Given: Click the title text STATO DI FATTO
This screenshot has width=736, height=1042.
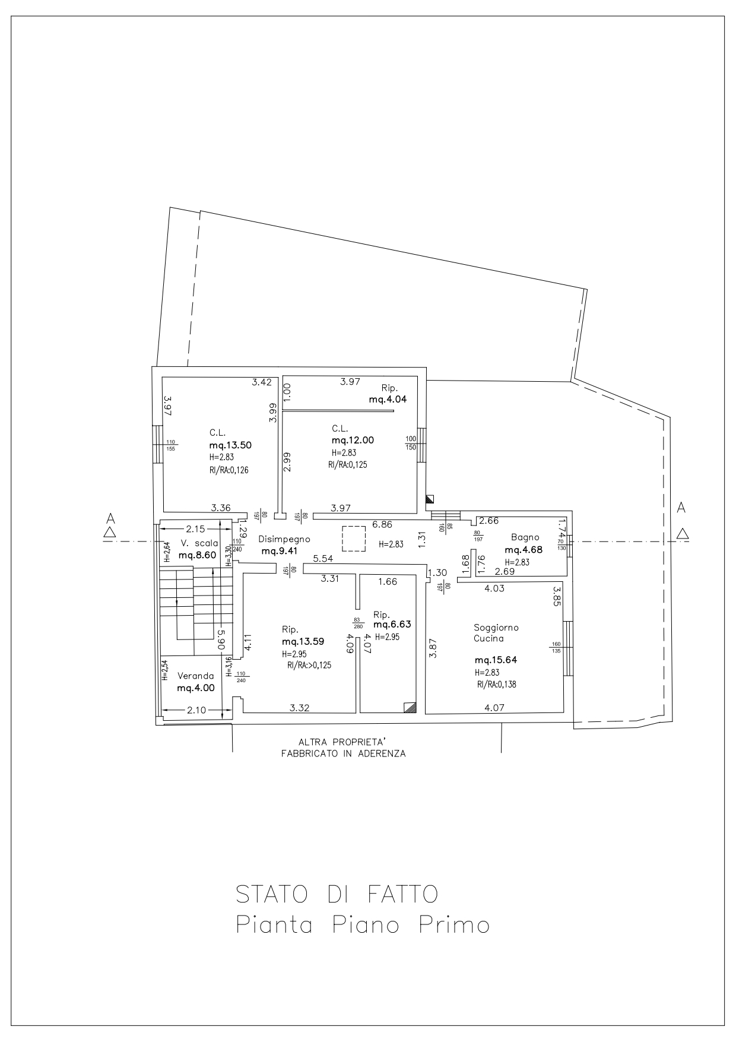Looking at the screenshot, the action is (337, 894).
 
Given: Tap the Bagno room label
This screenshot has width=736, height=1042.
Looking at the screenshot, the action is (525, 537).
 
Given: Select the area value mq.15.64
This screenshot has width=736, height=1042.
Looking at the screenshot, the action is (496, 660).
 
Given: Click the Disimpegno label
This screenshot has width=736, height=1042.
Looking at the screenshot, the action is (284, 540).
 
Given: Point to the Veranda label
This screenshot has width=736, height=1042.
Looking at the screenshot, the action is (196, 676).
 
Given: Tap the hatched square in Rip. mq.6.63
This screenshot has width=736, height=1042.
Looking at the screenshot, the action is (410, 707).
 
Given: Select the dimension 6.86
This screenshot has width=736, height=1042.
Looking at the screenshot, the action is (383, 524).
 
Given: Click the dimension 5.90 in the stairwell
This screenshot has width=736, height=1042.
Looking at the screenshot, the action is (220, 639).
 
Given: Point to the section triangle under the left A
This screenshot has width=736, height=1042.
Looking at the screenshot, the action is (109, 532).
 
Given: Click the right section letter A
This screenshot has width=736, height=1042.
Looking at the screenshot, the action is (681, 508).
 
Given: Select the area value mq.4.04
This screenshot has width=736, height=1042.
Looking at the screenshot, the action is (388, 399).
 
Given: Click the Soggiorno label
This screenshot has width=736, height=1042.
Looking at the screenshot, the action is (496, 628).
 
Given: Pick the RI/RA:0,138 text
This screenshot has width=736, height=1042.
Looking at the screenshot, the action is (496, 684).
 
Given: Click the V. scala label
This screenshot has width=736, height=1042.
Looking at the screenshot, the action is (199, 543).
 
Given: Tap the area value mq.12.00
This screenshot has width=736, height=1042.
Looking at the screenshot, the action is (353, 440).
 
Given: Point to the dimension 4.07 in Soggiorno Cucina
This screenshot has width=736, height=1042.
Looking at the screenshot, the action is (494, 708).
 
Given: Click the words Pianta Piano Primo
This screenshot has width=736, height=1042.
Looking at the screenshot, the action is (363, 926).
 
